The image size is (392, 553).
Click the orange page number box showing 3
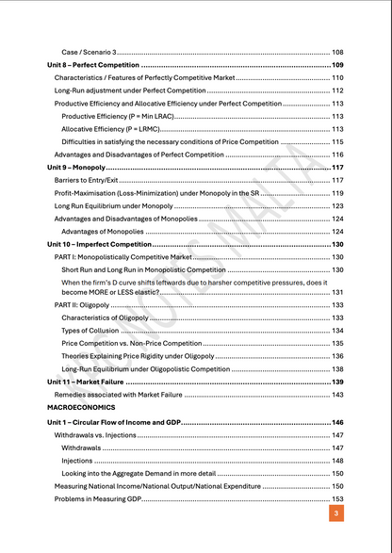(x=336, y=513)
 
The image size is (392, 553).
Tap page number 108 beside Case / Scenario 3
(x=337, y=52)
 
